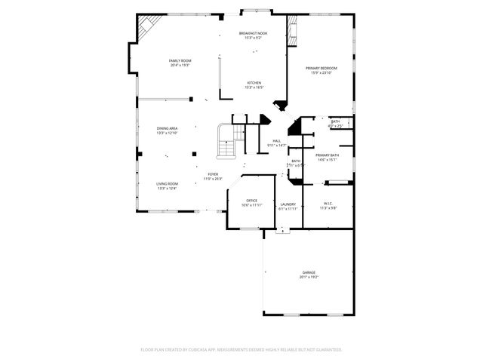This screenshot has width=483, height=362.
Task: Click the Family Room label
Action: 180,60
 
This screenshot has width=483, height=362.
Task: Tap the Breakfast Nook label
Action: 253,33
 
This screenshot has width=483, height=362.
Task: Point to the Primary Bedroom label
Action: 321,69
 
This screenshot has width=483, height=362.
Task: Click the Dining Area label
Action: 168,128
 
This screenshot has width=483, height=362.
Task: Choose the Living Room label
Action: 168,183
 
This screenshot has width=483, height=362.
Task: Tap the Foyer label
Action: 214,174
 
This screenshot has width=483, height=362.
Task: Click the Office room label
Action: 252,200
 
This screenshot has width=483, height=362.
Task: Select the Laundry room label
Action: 288,204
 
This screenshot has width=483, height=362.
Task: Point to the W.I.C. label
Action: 328,203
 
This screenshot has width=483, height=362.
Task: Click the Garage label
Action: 309,272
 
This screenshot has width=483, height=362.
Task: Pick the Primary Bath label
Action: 328,155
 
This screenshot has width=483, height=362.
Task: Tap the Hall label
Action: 277,140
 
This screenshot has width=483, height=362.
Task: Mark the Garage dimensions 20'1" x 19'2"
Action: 309,277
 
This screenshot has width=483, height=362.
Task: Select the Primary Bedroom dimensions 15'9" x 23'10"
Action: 321,73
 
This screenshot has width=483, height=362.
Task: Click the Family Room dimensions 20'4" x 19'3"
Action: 180,65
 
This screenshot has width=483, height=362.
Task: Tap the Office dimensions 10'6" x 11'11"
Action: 252,204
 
